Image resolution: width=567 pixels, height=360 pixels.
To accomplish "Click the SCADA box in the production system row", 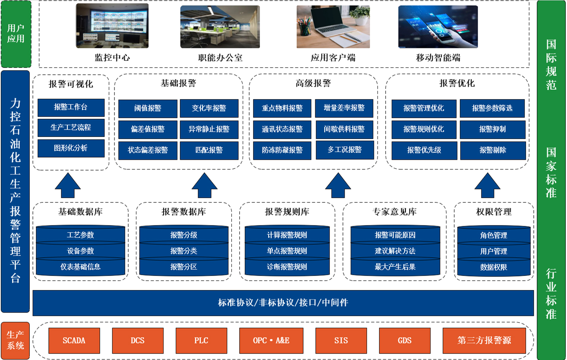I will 74,341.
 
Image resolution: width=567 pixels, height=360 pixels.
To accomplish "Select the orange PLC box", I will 201,341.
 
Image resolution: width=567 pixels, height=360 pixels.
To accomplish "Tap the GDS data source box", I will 405,341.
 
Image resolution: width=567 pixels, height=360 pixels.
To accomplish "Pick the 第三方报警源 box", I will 484,341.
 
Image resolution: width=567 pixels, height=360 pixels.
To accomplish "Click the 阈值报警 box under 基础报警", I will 148,108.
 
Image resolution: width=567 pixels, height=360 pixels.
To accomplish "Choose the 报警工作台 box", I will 71,107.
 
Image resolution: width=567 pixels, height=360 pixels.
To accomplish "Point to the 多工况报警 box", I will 344,150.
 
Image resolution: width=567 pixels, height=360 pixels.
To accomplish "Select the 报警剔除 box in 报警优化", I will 493,150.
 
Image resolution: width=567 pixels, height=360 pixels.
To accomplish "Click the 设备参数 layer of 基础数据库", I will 80,251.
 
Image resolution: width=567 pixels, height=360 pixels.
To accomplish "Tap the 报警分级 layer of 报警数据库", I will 184,235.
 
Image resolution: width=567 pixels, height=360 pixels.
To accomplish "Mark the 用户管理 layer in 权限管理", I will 494,251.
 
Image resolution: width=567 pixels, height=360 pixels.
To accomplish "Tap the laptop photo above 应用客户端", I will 333,26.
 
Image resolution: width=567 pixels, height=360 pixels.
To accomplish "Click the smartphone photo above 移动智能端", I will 438,26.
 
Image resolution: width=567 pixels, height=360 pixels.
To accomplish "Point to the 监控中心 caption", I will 112,57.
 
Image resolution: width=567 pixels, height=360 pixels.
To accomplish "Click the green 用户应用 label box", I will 16,34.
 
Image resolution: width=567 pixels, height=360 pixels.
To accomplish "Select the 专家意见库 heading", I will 395,212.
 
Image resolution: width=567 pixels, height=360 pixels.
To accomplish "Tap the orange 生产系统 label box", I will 15,340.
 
